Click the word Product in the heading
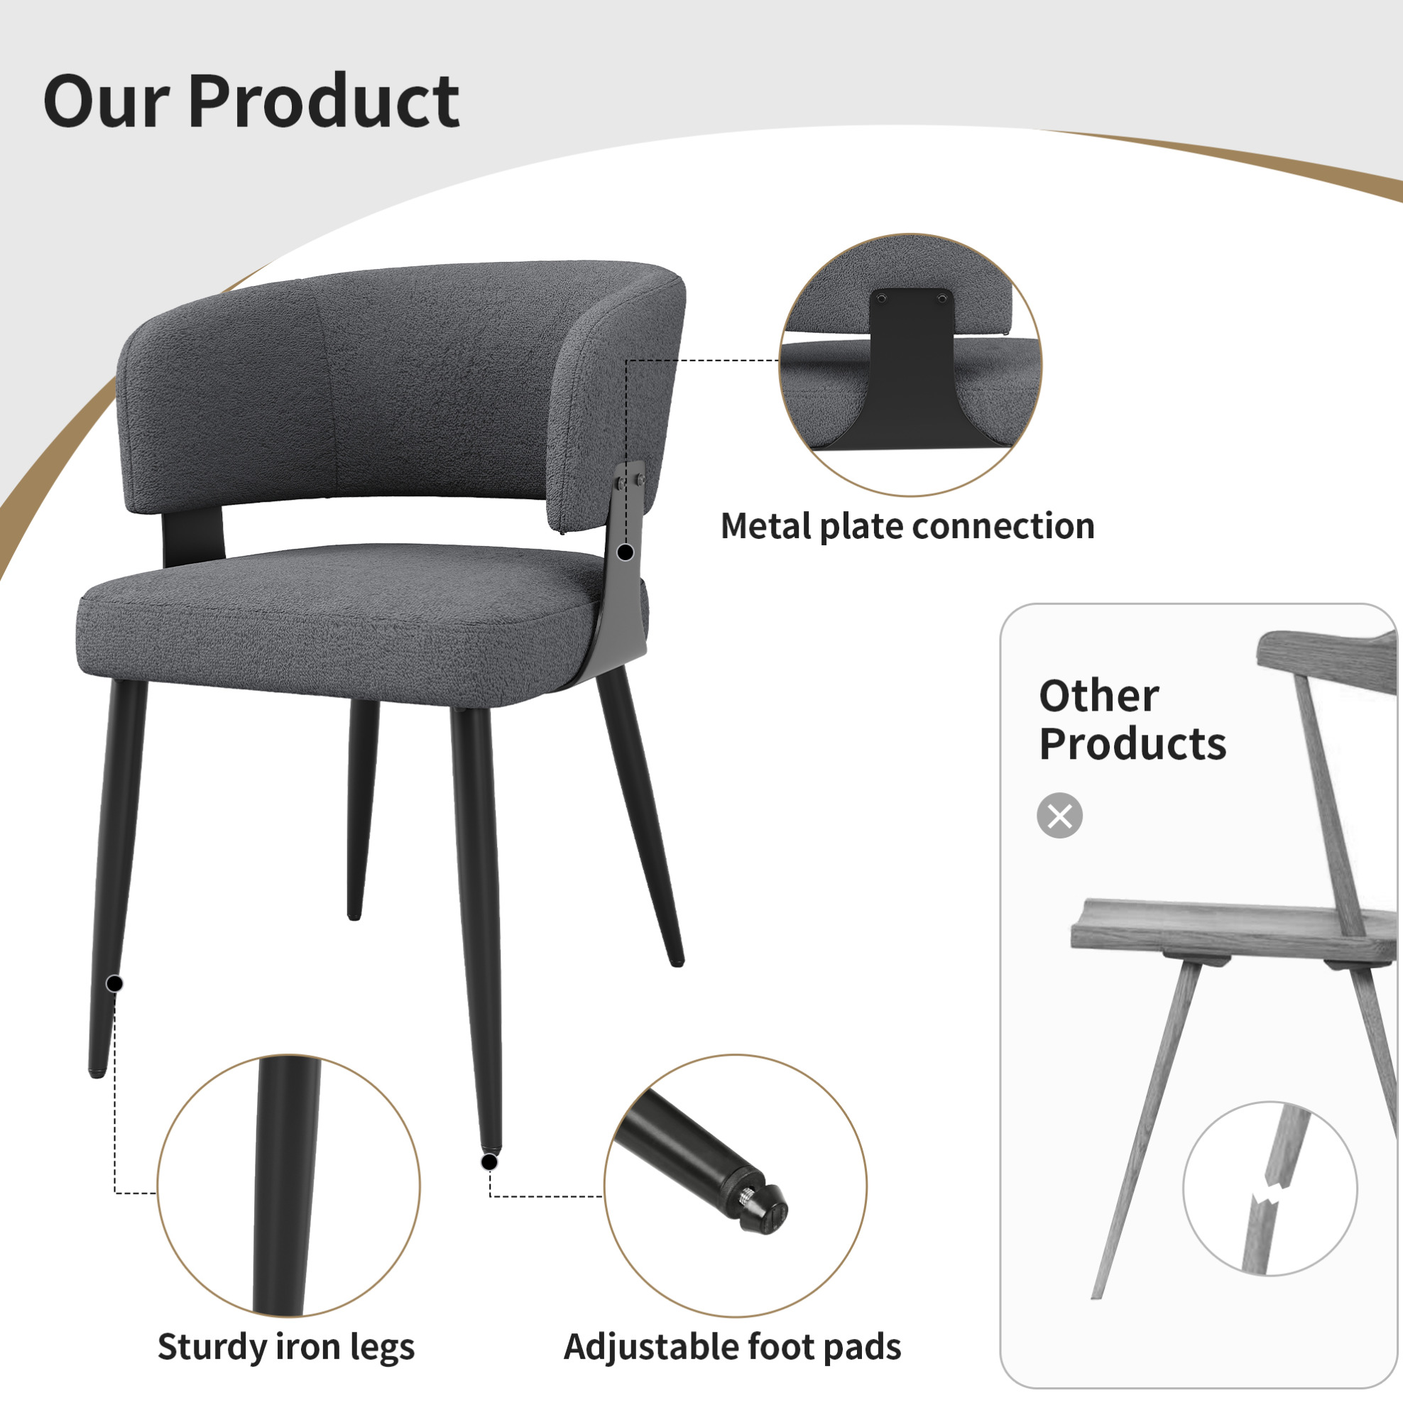(x=323, y=102)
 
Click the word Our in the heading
(x=107, y=102)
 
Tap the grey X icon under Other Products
(x=1059, y=815)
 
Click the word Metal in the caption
(x=767, y=526)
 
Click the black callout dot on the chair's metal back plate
(x=625, y=553)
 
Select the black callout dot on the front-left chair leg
(x=114, y=984)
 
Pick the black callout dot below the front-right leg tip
(x=490, y=1162)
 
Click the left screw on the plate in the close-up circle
(x=882, y=298)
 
